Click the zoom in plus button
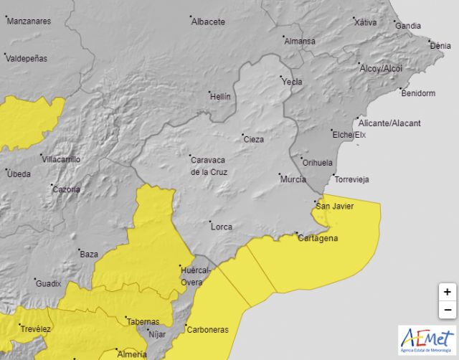point(447,292)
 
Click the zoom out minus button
point(447,310)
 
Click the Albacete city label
point(208,22)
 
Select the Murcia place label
point(293,179)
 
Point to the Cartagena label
point(318,239)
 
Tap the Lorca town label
point(222,227)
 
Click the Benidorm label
point(419,93)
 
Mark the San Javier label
point(334,207)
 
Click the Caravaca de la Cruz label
point(208,166)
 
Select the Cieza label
point(254,139)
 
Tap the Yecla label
point(292,82)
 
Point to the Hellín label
point(220,96)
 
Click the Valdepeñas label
point(28,59)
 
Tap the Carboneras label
point(207,330)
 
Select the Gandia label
point(408,26)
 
